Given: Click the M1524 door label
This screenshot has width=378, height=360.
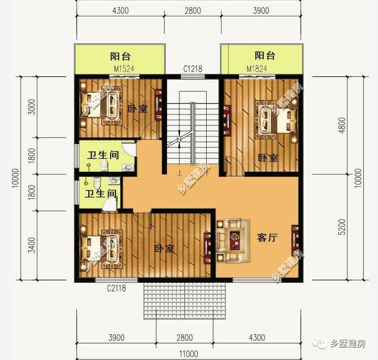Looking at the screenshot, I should [x=124, y=69].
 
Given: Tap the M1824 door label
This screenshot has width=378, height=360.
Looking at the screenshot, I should [x=256, y=69].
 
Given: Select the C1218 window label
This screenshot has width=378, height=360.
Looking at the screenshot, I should [x=193, y=69].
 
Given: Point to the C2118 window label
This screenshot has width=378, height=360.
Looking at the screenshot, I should [x=116, y=288].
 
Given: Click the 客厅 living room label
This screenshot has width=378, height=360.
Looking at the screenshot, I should [x=267, y=237].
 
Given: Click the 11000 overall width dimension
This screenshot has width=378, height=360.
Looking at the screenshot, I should [x=189, y=353].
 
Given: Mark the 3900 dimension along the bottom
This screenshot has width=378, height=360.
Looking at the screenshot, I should [x=116, y=338].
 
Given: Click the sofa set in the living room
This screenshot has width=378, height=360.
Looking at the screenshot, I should [x=232, y=240].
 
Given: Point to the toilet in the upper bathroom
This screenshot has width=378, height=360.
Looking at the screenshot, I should [x=105, y=165].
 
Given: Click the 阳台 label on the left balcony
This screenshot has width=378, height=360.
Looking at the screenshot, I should [x=120, y=56].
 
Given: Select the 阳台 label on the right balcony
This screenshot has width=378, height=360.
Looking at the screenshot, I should [x=264, y=55].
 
